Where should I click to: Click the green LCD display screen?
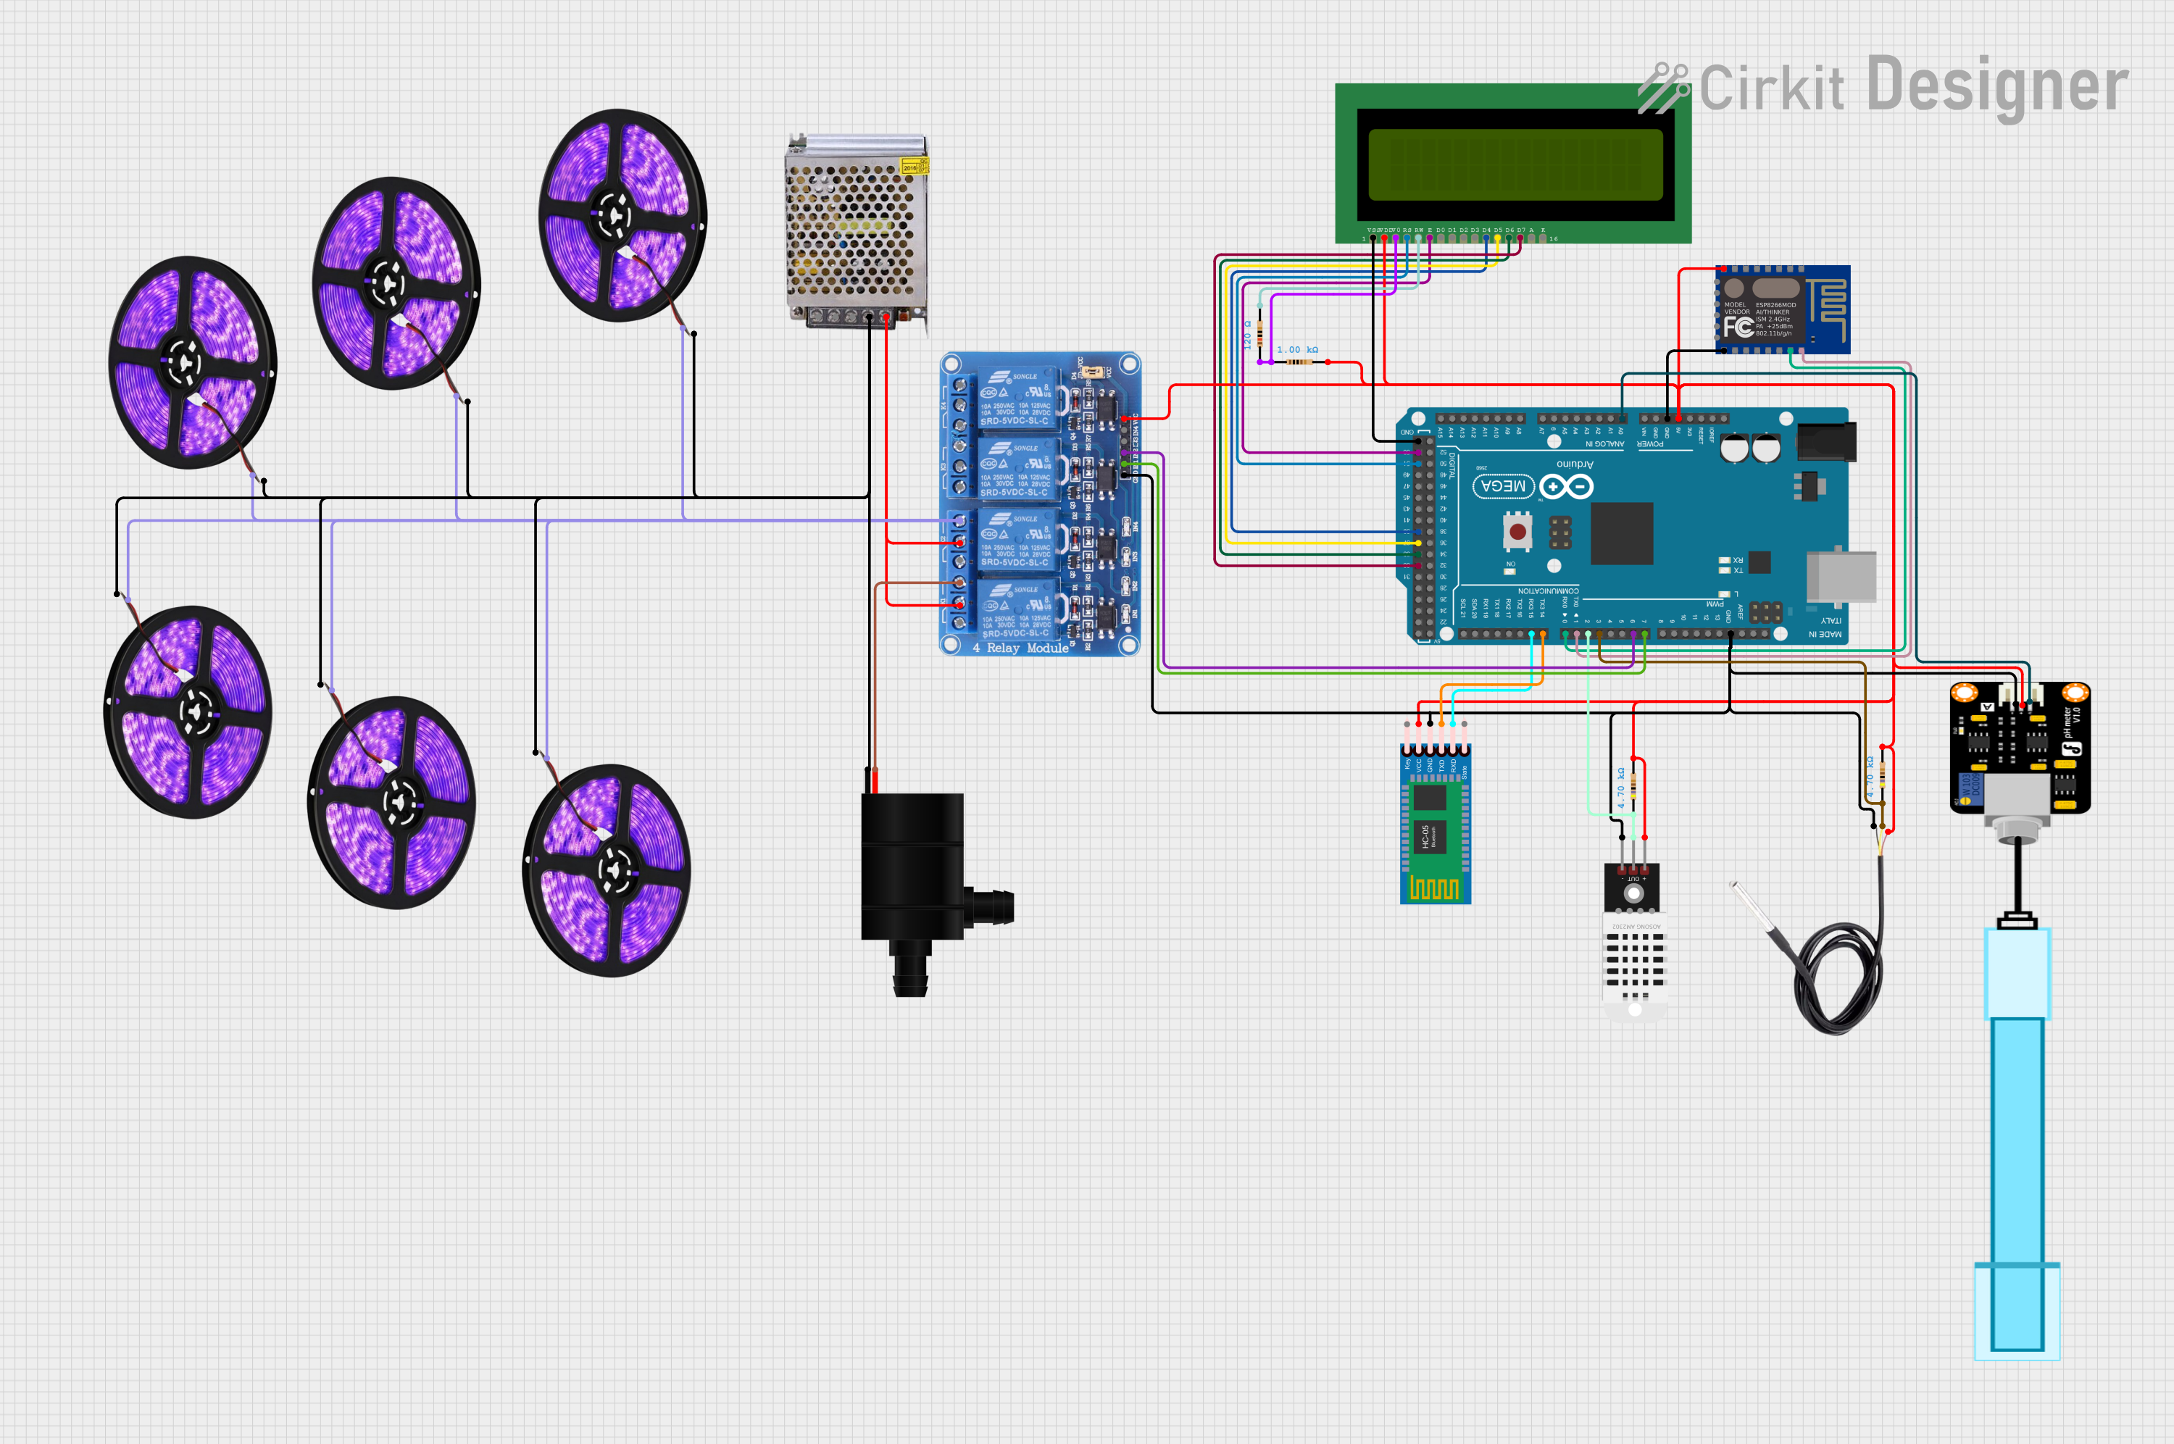[x=1515, y=164]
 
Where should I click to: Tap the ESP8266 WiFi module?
[x=1782, y=309]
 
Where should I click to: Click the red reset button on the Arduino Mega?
[x=1517, y=531]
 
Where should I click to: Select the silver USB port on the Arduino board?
[x=1841, y=577]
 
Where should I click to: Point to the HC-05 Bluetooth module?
[x=1435, y=825]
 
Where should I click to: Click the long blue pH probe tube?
[x=2017, y=1142]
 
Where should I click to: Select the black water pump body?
[x=912, y=866]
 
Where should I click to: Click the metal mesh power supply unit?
[x=854, y=230]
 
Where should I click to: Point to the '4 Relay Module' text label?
[x=1020, y=648]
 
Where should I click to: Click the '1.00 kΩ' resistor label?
[x=1297, y=350]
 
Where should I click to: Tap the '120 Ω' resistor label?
[x=1248, y=333]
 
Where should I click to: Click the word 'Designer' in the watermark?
[x=1997, y=85]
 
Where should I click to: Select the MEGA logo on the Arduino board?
[x=1503, y=485]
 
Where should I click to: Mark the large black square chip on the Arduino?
[x=1622, y=533]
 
